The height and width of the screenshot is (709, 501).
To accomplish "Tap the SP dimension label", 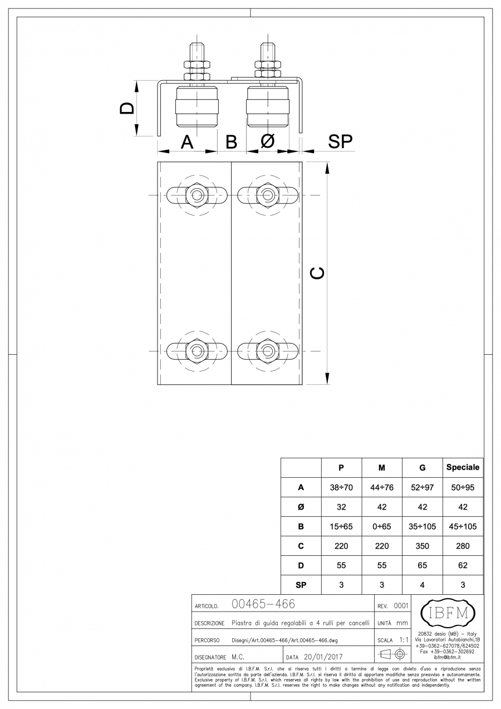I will point(340,142).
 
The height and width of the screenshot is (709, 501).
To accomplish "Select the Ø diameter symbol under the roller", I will point(267,142).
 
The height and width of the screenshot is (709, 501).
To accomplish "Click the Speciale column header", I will point(463,468).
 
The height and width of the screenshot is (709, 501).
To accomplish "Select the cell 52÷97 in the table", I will point(422,487).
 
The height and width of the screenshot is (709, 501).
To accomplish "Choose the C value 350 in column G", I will point(422,546).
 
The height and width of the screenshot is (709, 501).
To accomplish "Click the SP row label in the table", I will point(301,585).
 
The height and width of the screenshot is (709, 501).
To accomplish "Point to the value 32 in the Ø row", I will point(341,507).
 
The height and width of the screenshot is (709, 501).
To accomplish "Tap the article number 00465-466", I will point(262,604).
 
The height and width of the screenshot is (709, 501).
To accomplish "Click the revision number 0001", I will point(401,605).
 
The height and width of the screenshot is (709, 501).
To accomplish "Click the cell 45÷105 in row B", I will point(463,526).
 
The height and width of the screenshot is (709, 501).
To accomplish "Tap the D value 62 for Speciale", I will point(463,565).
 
